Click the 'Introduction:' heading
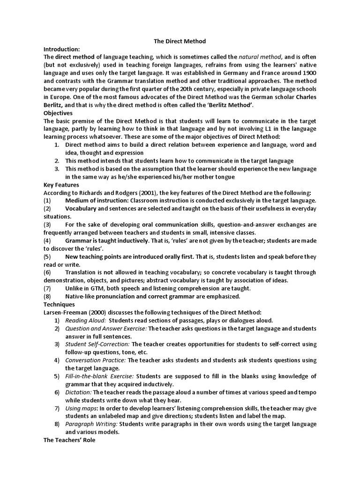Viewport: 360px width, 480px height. [x=62, y=49]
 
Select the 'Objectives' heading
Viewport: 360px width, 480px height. [x=58, y=113]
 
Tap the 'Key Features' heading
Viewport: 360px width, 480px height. [x=61, y=185]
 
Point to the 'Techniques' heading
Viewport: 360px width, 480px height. [x=59, y=304]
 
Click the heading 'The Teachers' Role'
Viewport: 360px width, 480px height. [x=69, y=440]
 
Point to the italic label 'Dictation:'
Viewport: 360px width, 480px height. [x=78, y=392]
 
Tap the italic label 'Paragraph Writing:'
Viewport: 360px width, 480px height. [x=91, y=424]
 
